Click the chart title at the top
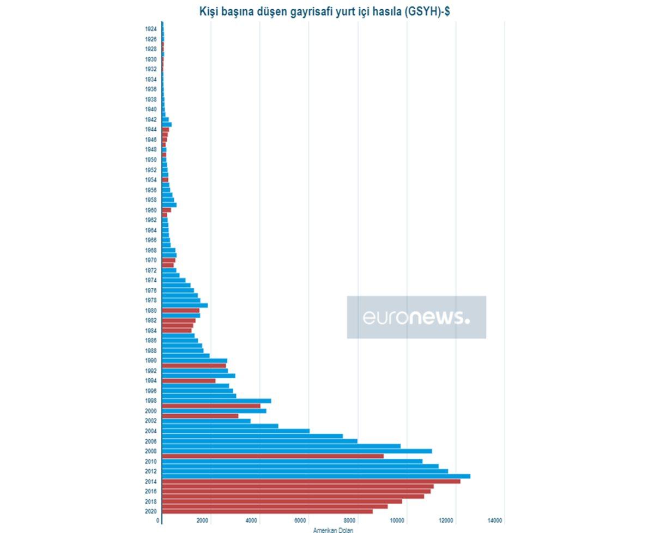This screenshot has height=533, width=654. click(x=324, y=11)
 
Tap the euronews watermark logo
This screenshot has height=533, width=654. click(x=416, y=317)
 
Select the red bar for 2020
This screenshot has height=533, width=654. click(x=267, y=511)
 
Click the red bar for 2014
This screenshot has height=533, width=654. click(x=311, y=481)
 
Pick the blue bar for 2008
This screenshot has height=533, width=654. click(x=296, y=451)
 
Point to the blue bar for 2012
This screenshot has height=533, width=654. click(x=305, y=471)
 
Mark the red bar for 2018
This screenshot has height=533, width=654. click(x=282, y=501)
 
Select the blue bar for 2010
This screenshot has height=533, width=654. click(x=292, y=461)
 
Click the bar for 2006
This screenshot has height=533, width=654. click(x=259, y=441)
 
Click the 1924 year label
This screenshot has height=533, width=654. click(x=151, y=29)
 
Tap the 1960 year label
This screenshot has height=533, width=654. click(x=151, y=210)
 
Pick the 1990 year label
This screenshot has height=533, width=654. click(x=151, y=361)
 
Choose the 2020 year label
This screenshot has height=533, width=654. click(x=151, y=511)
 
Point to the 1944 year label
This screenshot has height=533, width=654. click(x=151, y=130)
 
